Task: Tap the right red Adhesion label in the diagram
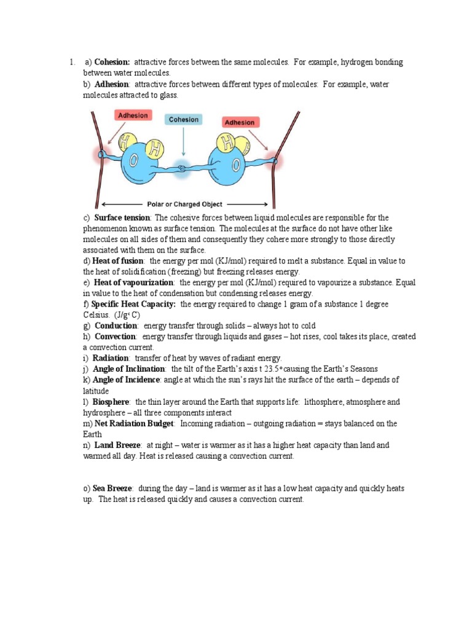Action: pos(239,122)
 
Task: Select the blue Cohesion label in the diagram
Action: pos(183,120)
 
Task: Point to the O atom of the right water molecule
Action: pos(234,164)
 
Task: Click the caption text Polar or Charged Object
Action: pos(185,204)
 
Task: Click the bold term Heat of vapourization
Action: pos(134,283)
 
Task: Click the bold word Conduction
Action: pos(116,326)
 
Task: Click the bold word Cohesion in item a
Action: pos(112,62)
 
